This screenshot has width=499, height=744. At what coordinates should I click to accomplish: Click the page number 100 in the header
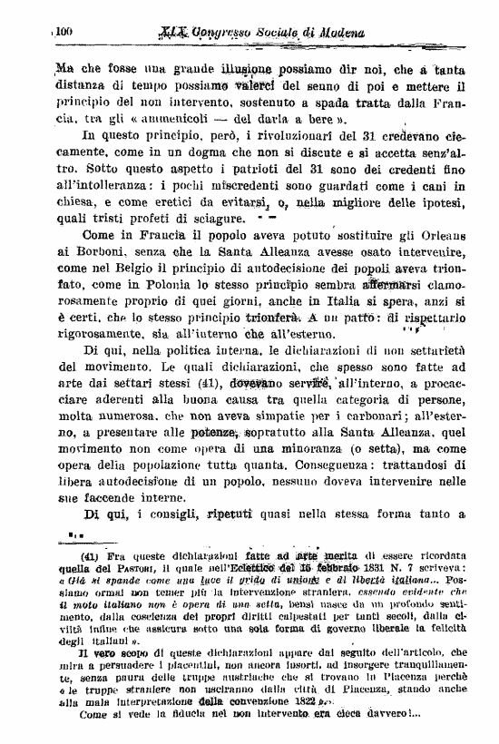click(64, 32)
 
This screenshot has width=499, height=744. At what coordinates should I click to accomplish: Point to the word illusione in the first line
click(249, 69)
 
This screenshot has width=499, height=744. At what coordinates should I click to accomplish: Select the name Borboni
click(79, 261)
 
